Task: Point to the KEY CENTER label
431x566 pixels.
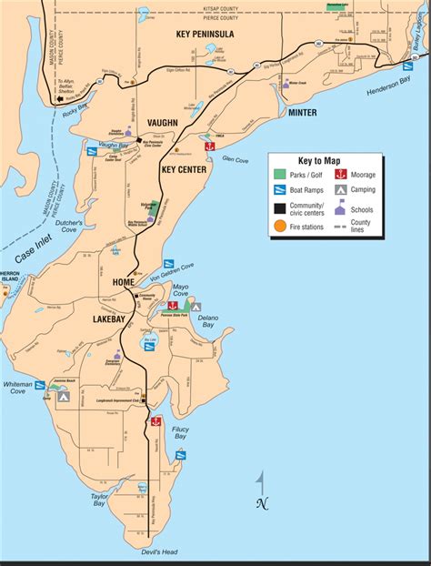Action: pos(185,168)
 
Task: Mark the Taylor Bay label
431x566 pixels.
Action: pos(99,500)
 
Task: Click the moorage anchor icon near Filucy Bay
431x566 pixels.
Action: pos(155,422)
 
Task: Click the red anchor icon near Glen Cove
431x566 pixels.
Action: pos(209,146)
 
